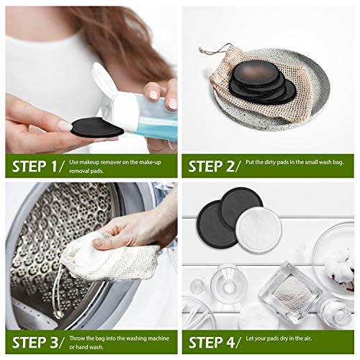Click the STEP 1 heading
38,166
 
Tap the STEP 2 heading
215,166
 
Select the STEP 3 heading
38,343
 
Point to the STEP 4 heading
215,343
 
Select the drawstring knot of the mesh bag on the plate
200,50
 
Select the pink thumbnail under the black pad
64,126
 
